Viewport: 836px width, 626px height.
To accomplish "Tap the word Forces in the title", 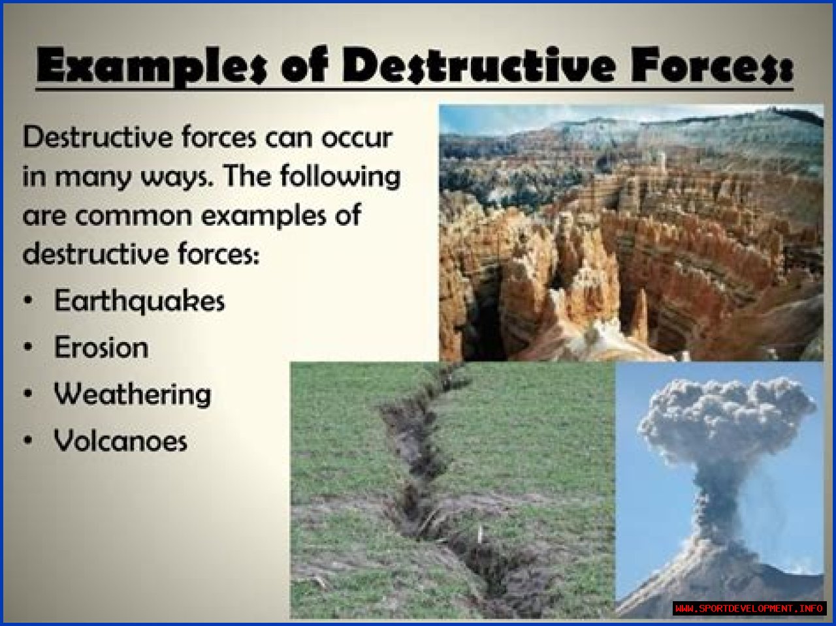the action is [x=711, y=65].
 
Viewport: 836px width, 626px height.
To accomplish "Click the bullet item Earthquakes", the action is [x=139, y=300].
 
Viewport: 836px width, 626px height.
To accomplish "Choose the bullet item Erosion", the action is [x=101, y=347].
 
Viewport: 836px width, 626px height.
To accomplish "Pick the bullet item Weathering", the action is [x=133, y=395].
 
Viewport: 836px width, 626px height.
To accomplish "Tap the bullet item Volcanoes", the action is [x=121, y=441].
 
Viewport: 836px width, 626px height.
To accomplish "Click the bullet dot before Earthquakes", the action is [x=28, y=300].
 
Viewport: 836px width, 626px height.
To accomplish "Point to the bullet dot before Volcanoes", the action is [x=28, y=441].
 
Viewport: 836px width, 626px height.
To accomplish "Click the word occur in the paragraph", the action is [x=357, y=138].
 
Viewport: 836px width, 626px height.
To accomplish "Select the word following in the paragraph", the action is [x=340, y=176].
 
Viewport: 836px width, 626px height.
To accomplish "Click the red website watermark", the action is [x=749, y=608].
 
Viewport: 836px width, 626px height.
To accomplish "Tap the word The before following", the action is [x=248, y=176].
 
